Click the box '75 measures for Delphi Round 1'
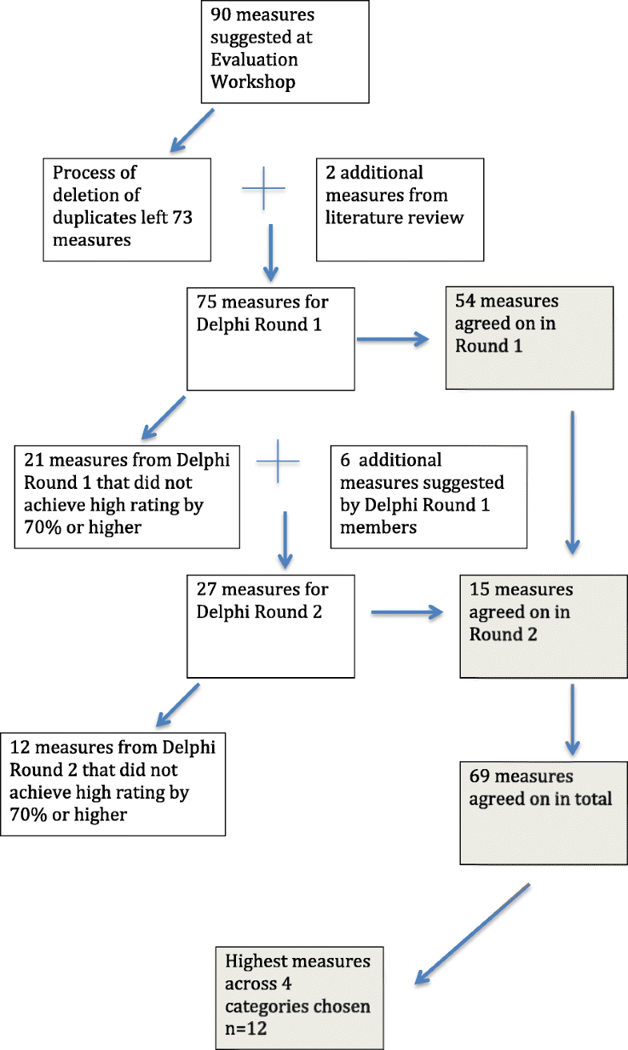[x=270, y=339]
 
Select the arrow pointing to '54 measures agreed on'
[x=393, y=340]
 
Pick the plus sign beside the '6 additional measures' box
[x=278, y=462]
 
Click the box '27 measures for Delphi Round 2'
[x=270, y=625]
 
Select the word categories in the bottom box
[x=269, y=1005]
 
